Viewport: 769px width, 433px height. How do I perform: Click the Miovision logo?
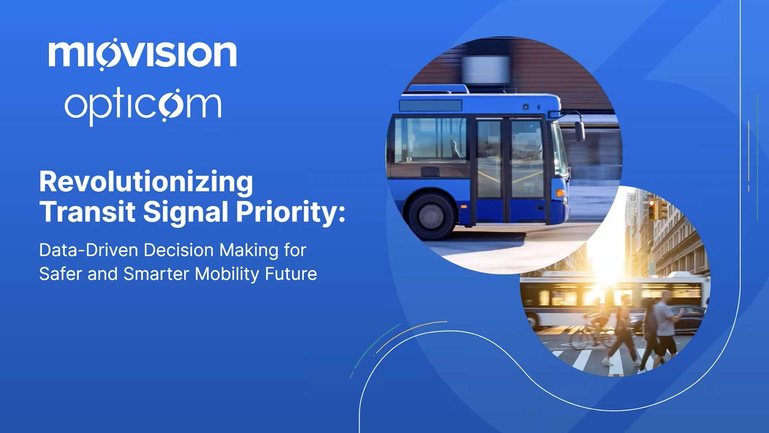point(143,54)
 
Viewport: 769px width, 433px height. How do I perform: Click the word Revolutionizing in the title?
point(146,182)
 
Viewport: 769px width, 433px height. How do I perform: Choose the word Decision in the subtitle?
point(179,250)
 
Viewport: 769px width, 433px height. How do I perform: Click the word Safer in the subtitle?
point(60,274)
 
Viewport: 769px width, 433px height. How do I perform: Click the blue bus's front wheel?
point(432,216)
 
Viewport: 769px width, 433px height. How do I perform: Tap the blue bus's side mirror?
point(580,131)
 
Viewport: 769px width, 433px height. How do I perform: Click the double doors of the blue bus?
point(510,169)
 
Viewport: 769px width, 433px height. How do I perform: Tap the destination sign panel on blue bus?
point(431,105)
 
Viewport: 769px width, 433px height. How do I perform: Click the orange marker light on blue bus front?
point(560,193)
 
